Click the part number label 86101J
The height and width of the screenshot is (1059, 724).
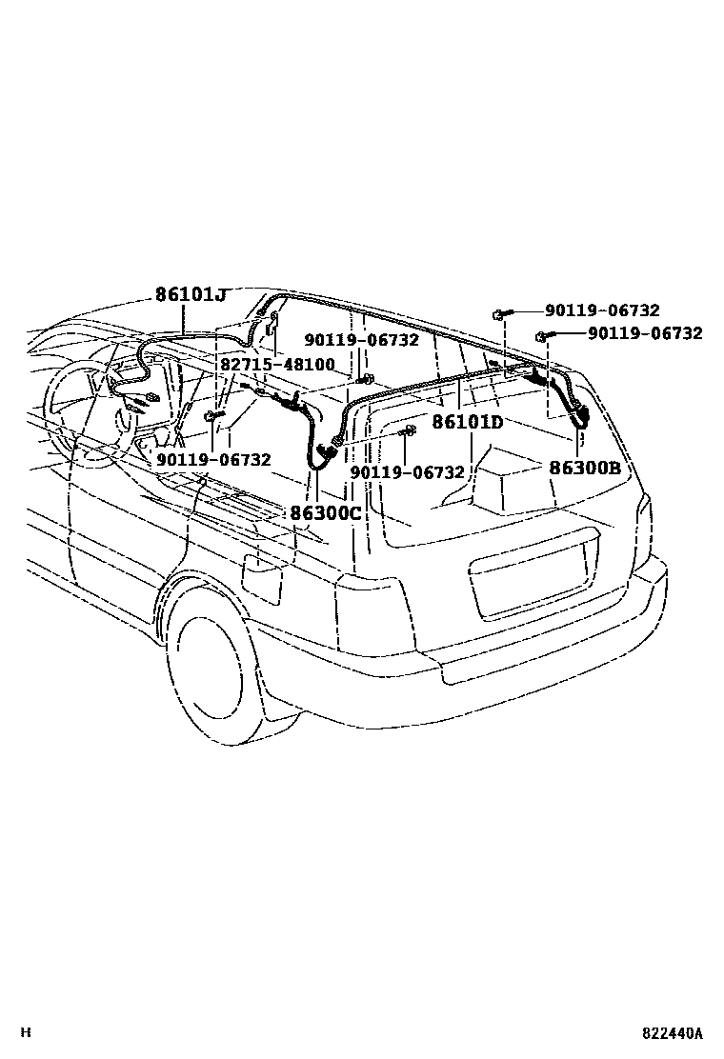click(x=191, y=295)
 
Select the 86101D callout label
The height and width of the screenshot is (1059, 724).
click(x=467, y=422)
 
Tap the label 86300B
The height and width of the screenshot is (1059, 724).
click(x=585, y=468)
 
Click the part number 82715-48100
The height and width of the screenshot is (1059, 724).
click(x=277, y=365)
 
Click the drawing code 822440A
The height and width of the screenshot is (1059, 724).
click(x=671, y=1032)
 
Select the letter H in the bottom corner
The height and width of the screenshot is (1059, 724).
click(x=26, y=1032)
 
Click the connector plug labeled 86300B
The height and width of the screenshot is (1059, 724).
click(x=577, y=414)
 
